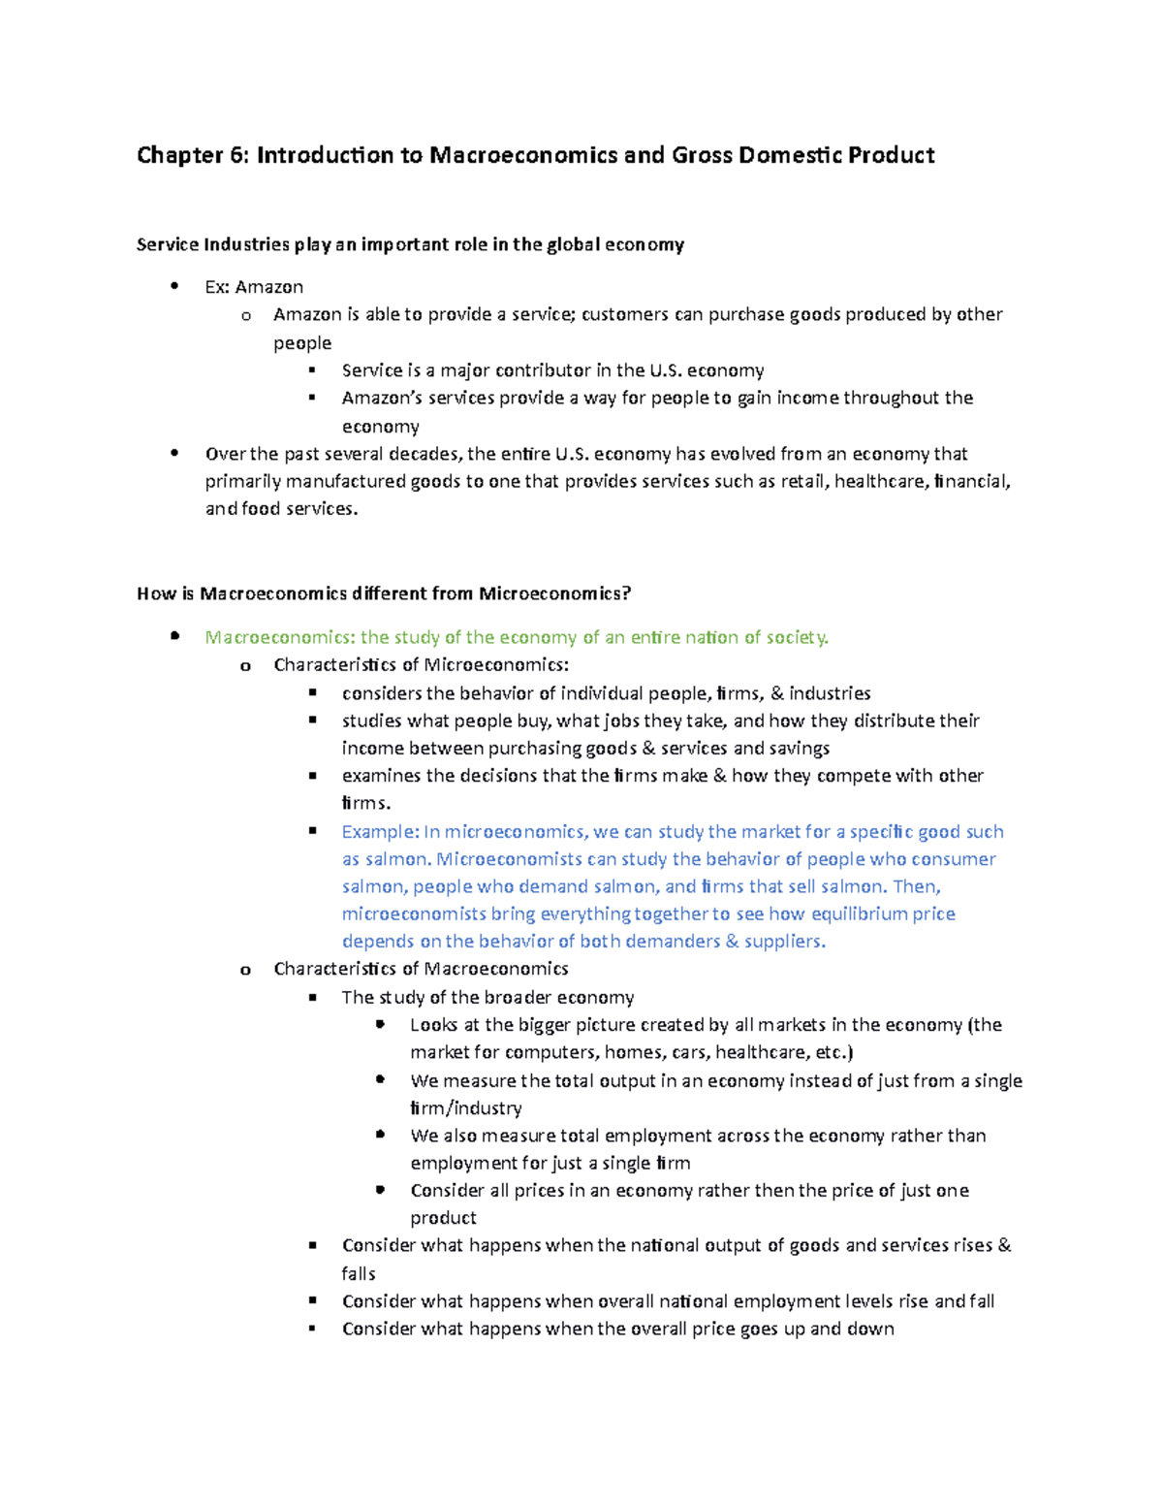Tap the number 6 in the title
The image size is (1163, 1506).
238,155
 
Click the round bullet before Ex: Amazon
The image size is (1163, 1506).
174,286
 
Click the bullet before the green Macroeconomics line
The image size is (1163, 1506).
174,636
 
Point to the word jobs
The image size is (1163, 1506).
620,721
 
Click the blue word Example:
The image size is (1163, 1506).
381,831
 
